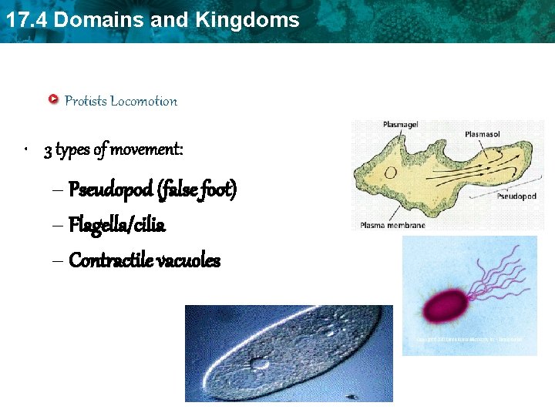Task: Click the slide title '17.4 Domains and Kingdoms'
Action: coord(152,20)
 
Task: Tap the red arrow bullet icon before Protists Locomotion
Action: coord(53,99)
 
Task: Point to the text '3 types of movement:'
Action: coord(114,149)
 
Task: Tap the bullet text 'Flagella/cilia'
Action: coord(117,225)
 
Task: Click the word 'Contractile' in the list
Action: coord(111,261)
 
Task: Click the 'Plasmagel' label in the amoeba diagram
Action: coord(402,124)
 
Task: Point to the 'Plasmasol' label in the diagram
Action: coord(483,134)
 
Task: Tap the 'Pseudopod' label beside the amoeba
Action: coord(516,196)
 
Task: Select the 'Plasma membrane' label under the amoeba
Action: coord(392,225)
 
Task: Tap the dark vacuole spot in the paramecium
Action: coord(259,362)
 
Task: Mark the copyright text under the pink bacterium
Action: coord(469,339)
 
